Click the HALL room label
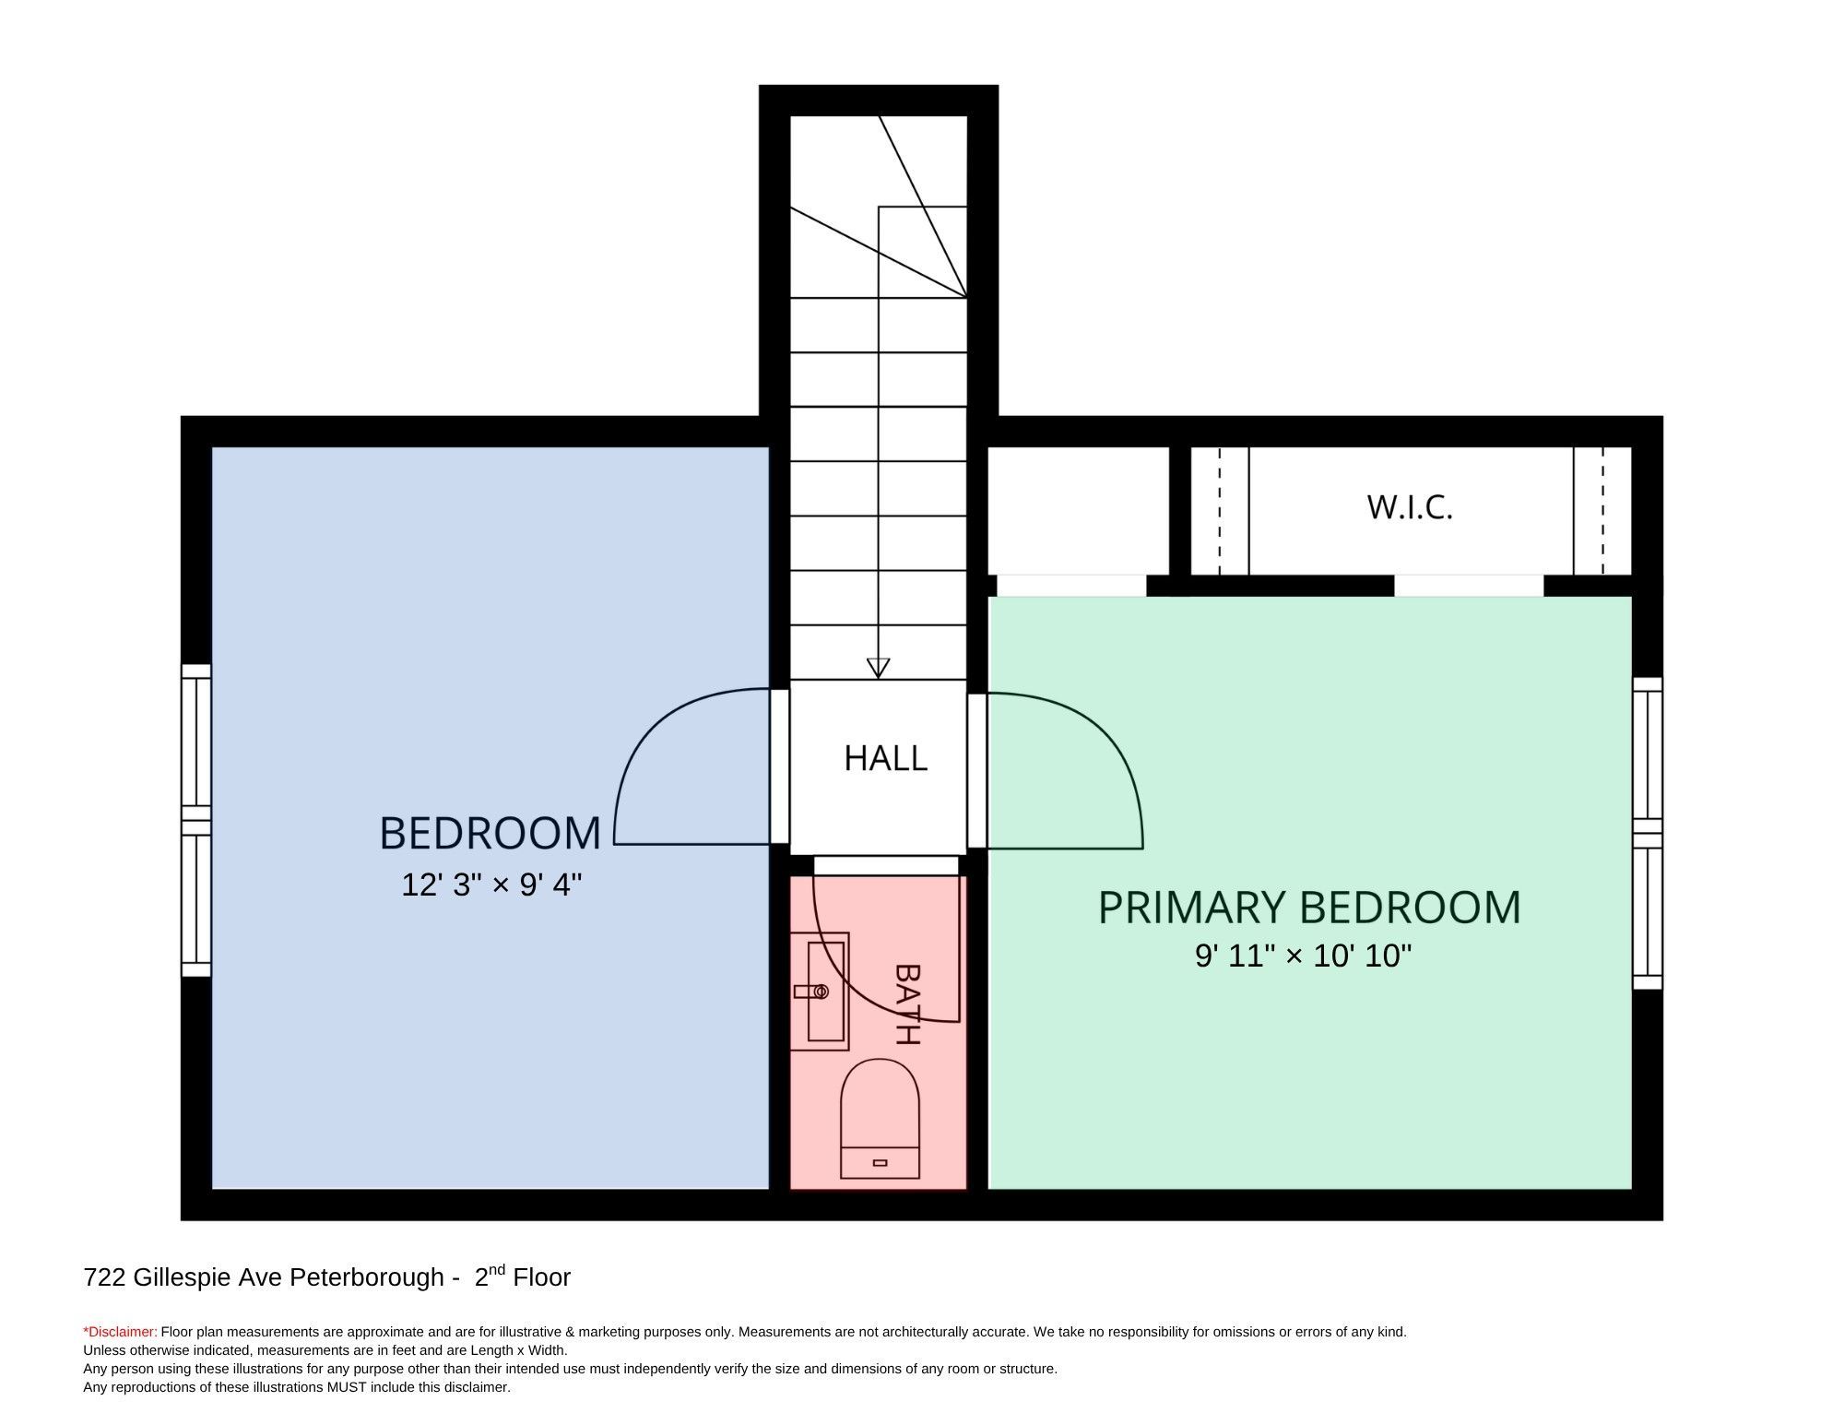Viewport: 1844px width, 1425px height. coord(885,758)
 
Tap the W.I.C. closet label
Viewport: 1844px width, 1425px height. coord(1410,507)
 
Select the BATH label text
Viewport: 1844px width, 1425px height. coord(908,1004)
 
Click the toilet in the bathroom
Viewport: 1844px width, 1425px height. coord(880,1119)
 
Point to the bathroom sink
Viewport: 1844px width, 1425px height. coord(820,992)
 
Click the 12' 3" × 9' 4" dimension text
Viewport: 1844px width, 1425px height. coord(491,885)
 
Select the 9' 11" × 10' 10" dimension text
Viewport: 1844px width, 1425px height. coord(1304,956)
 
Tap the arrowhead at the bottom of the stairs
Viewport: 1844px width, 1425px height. coord(878,668)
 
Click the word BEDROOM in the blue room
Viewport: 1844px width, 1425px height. coord(491,833)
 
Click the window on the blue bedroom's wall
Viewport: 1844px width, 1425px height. coord(196,820)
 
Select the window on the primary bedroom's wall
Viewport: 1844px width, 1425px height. coord(1648,834)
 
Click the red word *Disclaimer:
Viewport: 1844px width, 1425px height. coord(120,1332)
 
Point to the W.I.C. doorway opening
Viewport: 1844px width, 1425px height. coord(1468,586)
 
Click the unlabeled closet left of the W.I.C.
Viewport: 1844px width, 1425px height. coord(1078,511)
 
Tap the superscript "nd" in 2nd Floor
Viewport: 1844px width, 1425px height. coord(497,1270)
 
